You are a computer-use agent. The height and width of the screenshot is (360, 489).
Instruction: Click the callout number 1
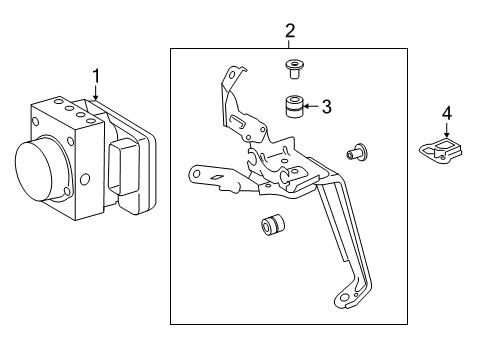(x=96, y=76)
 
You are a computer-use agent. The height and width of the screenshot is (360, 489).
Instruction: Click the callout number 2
(x=290, y=31)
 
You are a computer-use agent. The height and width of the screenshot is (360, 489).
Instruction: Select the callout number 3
(x=327, y=107)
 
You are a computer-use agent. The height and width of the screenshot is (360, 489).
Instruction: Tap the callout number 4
(x=447, y=113)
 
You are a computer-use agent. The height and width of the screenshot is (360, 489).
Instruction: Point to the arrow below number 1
(x=96, y=93)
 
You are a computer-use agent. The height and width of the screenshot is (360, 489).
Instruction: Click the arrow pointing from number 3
(x=311, y=106)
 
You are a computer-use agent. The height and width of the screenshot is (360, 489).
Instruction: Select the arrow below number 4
(x=447, y=130)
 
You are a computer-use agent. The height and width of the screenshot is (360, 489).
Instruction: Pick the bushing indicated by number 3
(x=294, y=106)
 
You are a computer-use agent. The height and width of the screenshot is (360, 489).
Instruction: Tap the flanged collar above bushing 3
(x=294, y=68)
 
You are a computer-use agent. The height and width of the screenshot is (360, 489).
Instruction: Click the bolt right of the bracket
(x=356, y=152)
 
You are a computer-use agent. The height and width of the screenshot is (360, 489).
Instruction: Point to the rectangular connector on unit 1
(x=123, y=166)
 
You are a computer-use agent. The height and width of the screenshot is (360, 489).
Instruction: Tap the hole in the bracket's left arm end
(x=196, y=174)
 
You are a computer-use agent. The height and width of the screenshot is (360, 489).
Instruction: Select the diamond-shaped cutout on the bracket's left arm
(x=216, y=177)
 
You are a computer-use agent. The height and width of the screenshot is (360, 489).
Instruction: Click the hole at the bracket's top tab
(x=231, y=74)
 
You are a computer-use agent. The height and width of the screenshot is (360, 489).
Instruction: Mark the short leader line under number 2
(x=289, y=44)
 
